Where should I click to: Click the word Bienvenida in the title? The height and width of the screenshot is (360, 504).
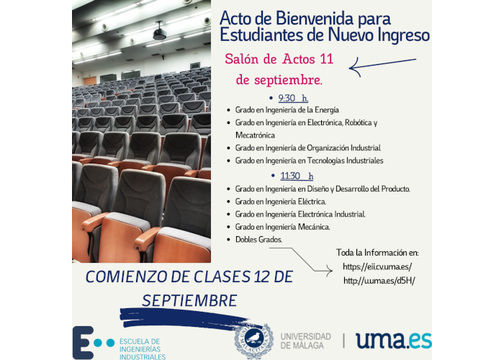point(315,18)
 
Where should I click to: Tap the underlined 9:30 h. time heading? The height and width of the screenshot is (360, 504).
point(293,98)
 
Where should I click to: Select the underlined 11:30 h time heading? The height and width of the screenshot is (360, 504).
point(297,176)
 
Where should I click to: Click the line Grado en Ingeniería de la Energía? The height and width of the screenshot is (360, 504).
point(287,110)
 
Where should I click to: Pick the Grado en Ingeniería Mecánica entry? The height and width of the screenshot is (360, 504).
point(282,227)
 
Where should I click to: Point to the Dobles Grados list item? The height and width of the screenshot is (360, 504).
point(258,240)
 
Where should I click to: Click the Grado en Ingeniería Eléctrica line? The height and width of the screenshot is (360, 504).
point(281,202)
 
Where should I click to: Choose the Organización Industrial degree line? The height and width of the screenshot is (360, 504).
point(308,148)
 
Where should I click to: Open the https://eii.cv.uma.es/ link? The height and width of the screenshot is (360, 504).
point(377,266)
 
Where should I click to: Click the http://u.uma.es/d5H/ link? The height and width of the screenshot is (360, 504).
point(379,281)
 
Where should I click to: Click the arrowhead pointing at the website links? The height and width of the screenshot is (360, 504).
point(329,271)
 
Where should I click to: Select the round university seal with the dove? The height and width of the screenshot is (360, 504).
point(253,341)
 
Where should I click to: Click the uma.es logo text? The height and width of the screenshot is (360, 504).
point(393,341)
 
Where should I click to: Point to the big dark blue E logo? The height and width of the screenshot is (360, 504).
point(83,342)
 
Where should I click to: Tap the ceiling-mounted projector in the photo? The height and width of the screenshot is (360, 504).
point(159,32)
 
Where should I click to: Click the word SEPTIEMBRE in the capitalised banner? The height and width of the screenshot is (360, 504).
point(189,300)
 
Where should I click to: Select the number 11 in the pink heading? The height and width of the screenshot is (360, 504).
point(326,59)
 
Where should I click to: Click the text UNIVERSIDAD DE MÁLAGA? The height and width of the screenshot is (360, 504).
point(306,341)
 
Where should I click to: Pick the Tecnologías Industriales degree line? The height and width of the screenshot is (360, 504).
point(309,161)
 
